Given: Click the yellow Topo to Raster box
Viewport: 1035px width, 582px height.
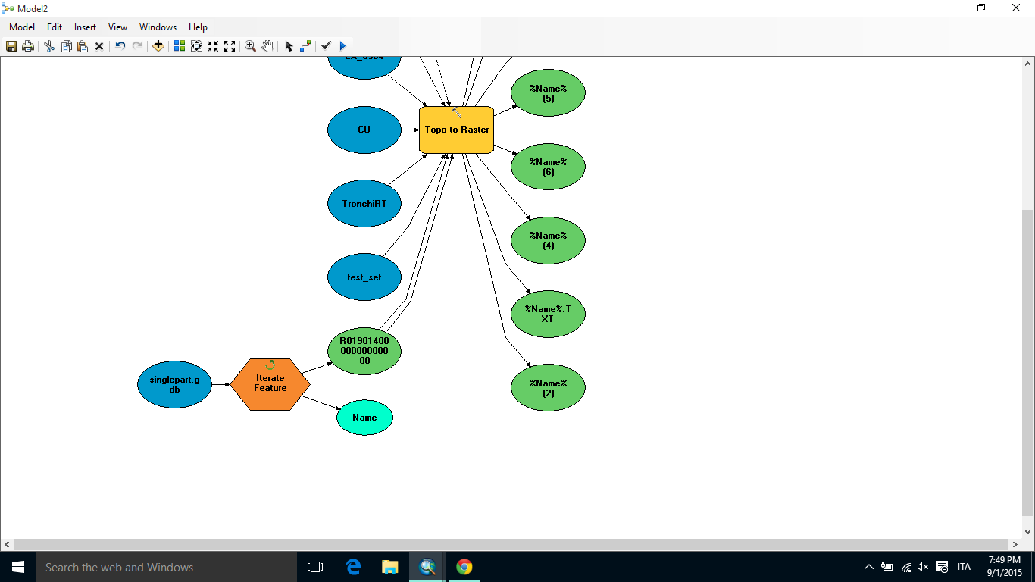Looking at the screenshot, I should [456, 130].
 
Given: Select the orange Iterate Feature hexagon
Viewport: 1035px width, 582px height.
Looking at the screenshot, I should [270, 383].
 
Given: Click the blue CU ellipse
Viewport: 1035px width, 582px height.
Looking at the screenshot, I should [364, 130].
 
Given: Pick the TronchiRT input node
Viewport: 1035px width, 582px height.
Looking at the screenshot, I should [364, 203].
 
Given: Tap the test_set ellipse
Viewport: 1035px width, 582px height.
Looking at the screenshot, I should [364, 277].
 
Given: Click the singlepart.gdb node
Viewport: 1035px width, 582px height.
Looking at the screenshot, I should [174, 384].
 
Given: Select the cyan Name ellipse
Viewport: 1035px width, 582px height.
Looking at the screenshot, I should [364, 418].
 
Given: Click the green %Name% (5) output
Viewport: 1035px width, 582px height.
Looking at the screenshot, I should [548, 93].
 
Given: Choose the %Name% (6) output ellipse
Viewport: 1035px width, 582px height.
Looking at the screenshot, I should [548, 167].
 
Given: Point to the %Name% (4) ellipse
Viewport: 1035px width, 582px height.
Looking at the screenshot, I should [548, 240].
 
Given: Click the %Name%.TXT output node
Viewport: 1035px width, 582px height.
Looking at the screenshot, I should [548, 314].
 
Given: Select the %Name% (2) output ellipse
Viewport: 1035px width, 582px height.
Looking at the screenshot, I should [548, 388].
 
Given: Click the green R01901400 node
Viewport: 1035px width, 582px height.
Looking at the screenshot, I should [364, 351].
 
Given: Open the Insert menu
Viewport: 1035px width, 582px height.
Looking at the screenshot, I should [85, 27].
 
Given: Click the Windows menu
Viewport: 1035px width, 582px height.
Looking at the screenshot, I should [158, 27].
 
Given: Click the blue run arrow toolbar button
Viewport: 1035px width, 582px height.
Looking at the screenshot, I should [343, 46].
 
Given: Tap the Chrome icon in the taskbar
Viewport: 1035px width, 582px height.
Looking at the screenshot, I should [464, 567].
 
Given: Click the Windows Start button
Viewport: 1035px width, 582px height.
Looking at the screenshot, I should [17, 567].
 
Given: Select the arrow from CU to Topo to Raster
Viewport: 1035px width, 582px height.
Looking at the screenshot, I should [410, 130].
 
